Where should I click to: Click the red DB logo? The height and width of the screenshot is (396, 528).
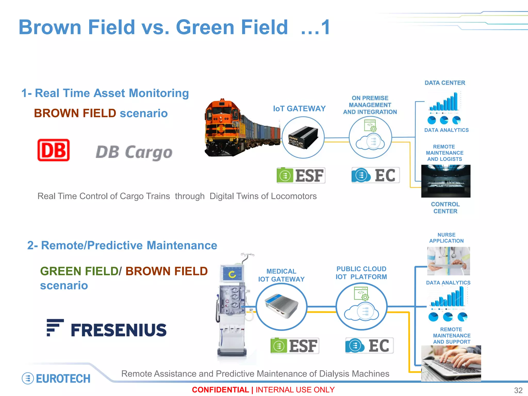(x=53, y=150)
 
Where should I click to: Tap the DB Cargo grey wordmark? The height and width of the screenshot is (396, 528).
(x=134, y=152)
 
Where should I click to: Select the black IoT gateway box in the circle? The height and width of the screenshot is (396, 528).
(x=303, y=137)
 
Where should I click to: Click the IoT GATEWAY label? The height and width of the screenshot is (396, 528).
(x=299, y=109)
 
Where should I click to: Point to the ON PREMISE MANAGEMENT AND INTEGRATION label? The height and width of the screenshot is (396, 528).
(x=370, y=105)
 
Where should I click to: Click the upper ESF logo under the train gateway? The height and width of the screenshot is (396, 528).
(x=301, y=176)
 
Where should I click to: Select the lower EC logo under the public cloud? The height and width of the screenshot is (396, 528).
(x=369, y=345)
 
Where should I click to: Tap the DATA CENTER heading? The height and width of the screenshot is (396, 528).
(x=445, y=83)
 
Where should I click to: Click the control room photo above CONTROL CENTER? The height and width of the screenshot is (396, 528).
(x=446, y=181)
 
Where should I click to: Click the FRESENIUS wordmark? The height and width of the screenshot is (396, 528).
(x=119, y=330)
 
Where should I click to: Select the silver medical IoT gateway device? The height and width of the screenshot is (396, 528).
(x=281, y=306)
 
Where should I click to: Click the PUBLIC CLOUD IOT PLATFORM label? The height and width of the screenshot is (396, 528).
(x=361, y=273)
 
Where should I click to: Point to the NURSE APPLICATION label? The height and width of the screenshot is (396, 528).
(x=446, y=238)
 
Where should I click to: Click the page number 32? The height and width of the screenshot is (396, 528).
(x=518, y=390)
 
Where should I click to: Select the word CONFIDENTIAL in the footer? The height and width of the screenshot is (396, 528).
(x=220, y=390)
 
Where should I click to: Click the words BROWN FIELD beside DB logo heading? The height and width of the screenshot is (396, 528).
(x=75, y=113)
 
